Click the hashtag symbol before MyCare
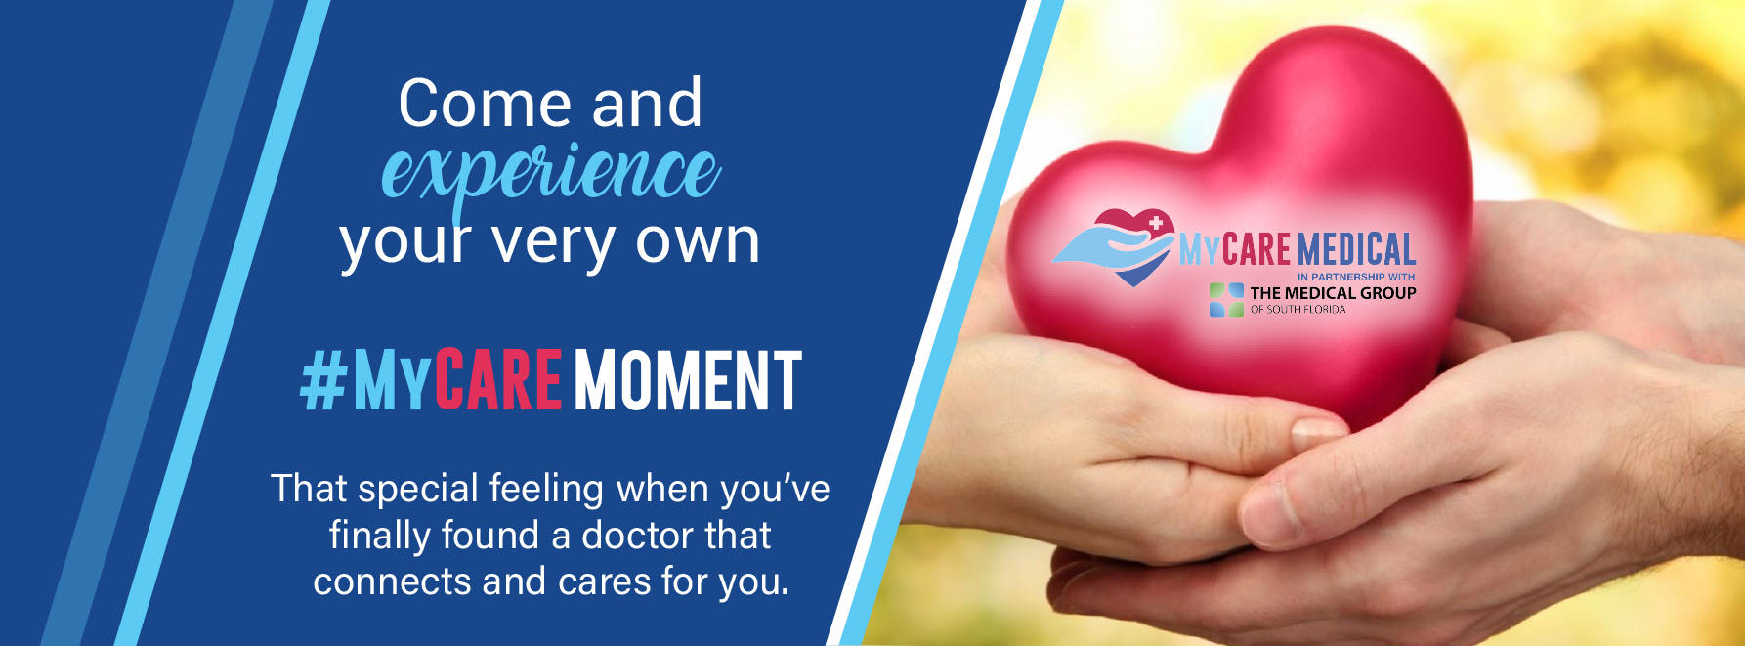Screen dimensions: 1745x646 pyautogui.click(x=323, y=381)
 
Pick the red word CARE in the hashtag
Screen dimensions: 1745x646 pyautogui.click(x=498, y=380)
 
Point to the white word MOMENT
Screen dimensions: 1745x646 pyautogui.click(x=688, y=380)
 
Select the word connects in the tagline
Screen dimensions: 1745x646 pyautogui.click(x=392, y=581)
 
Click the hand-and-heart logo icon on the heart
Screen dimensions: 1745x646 pyautogui.click(x=1115, y=247)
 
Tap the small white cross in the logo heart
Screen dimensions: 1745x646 pyautogui.click(x=1156, y=224)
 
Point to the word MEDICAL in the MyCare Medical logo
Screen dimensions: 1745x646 pyautogui.click(x=1356, y=249)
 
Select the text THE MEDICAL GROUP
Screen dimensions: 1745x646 pyautogui.click(x=1333, y=292)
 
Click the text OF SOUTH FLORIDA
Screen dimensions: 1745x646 pyautogui.click(x=1298, y=310)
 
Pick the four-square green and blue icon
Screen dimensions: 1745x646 pyautogui.click(x=1226, y=300)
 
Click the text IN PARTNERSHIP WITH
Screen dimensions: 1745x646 pyautogui.click(x=1356, y=277)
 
